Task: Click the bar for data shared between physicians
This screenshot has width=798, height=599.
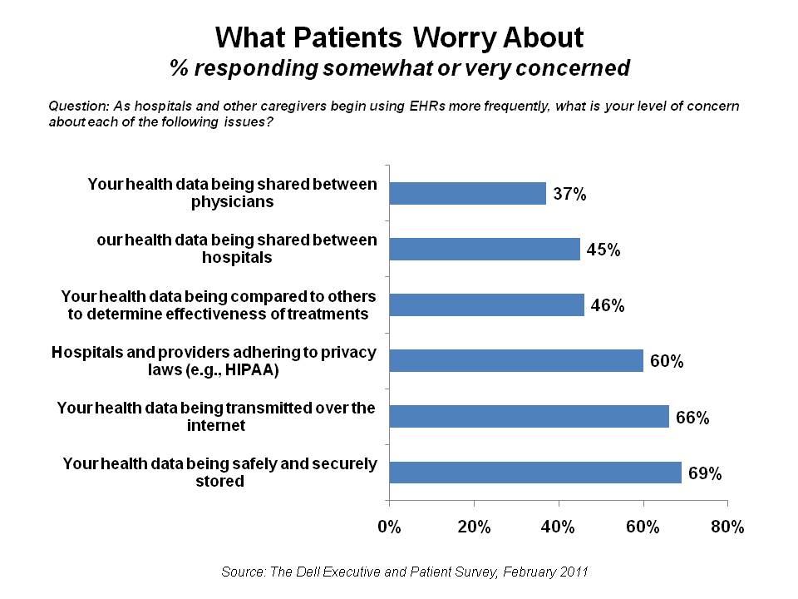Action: pyautogui.click(x=468, y=194)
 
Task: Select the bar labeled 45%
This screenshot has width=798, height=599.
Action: pyautogui.click(x=485, y=249)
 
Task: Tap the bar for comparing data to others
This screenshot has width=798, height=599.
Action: pyautogui.click(x=487, y=304)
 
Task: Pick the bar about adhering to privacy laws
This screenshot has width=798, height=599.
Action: pyautogui.click(x=516, y=360)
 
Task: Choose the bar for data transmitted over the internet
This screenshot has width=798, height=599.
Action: pyautogui.click(x=530, y=416)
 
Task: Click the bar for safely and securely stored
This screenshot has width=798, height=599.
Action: pyautogui.click(x=535, y=472)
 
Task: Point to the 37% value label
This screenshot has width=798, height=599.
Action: pyautogui.click(x=570, y=195)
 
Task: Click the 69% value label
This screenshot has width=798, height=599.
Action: pyautogui.click(x=705, y=473)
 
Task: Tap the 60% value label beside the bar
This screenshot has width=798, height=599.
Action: pyautogui.click(x=667, y=362)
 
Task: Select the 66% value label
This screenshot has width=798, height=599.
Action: pyautogui.click(x=692, y=418)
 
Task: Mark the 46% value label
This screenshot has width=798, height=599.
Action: pyautogui.click(x=608, y=305)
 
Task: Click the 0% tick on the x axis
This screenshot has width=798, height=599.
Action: pyautogui.click(x=389, y=527)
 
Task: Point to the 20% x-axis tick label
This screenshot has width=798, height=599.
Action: pyautogui.click(x=474, y=527)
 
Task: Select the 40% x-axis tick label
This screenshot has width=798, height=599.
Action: pyautogui.click(x=559, y=527)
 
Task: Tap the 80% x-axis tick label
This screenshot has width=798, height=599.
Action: pyautogui.click(x=727, y=527)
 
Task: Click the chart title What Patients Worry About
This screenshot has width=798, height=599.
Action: pyautogui.click(x=399, y=37)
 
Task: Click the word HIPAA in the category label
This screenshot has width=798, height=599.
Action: pyautogui.click(x=254, y=369)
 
